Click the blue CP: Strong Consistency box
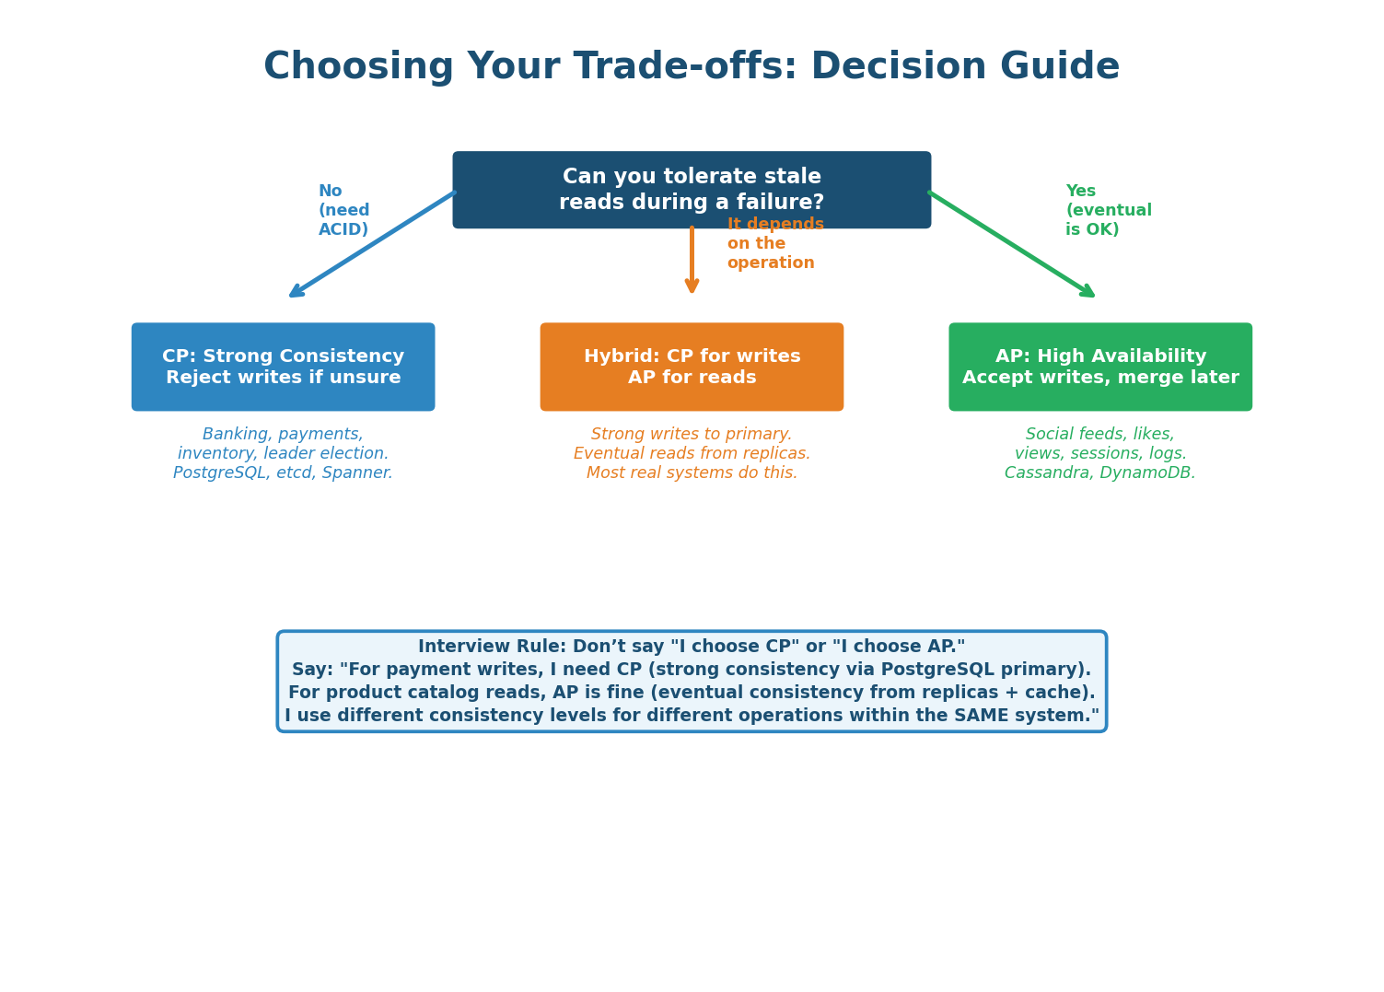[x=283, y=367]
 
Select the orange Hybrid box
[x=692, y=367]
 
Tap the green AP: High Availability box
[x=1100, y=367]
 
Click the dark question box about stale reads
[x=692, y=190]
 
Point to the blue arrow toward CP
[x=372, y=244]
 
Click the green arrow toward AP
[x=1011, y=244]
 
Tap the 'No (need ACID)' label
[x=343, y=211]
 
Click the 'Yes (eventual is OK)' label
[x=1108, y=211]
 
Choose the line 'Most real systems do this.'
[x=692, y=473]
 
